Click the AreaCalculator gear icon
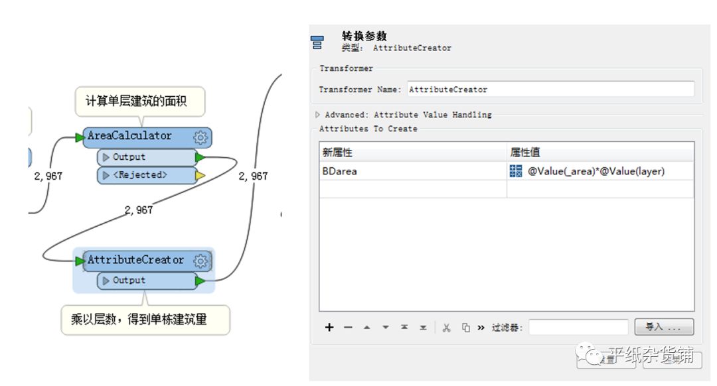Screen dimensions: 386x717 pos(201,137)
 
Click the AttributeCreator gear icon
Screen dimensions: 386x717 pos(201,261)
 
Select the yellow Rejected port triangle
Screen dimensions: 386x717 pos(200,176)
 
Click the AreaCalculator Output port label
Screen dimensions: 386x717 pos(129,157)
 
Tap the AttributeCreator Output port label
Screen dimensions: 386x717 pos(129,281)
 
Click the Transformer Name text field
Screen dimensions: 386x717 pos(550,90)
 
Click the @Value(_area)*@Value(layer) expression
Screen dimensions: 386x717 pos(596,171)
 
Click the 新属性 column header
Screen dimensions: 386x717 pos(336,152)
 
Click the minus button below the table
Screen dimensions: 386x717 pos(348,328)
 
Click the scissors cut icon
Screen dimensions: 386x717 pos(446,328)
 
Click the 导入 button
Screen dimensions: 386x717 pos(663,327)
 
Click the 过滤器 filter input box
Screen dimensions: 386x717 pos(578,327)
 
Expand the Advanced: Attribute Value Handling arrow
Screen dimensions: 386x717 pos(318,115)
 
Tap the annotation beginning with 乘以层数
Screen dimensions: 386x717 pos(139,319)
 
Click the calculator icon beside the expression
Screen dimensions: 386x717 pos(516,171)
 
